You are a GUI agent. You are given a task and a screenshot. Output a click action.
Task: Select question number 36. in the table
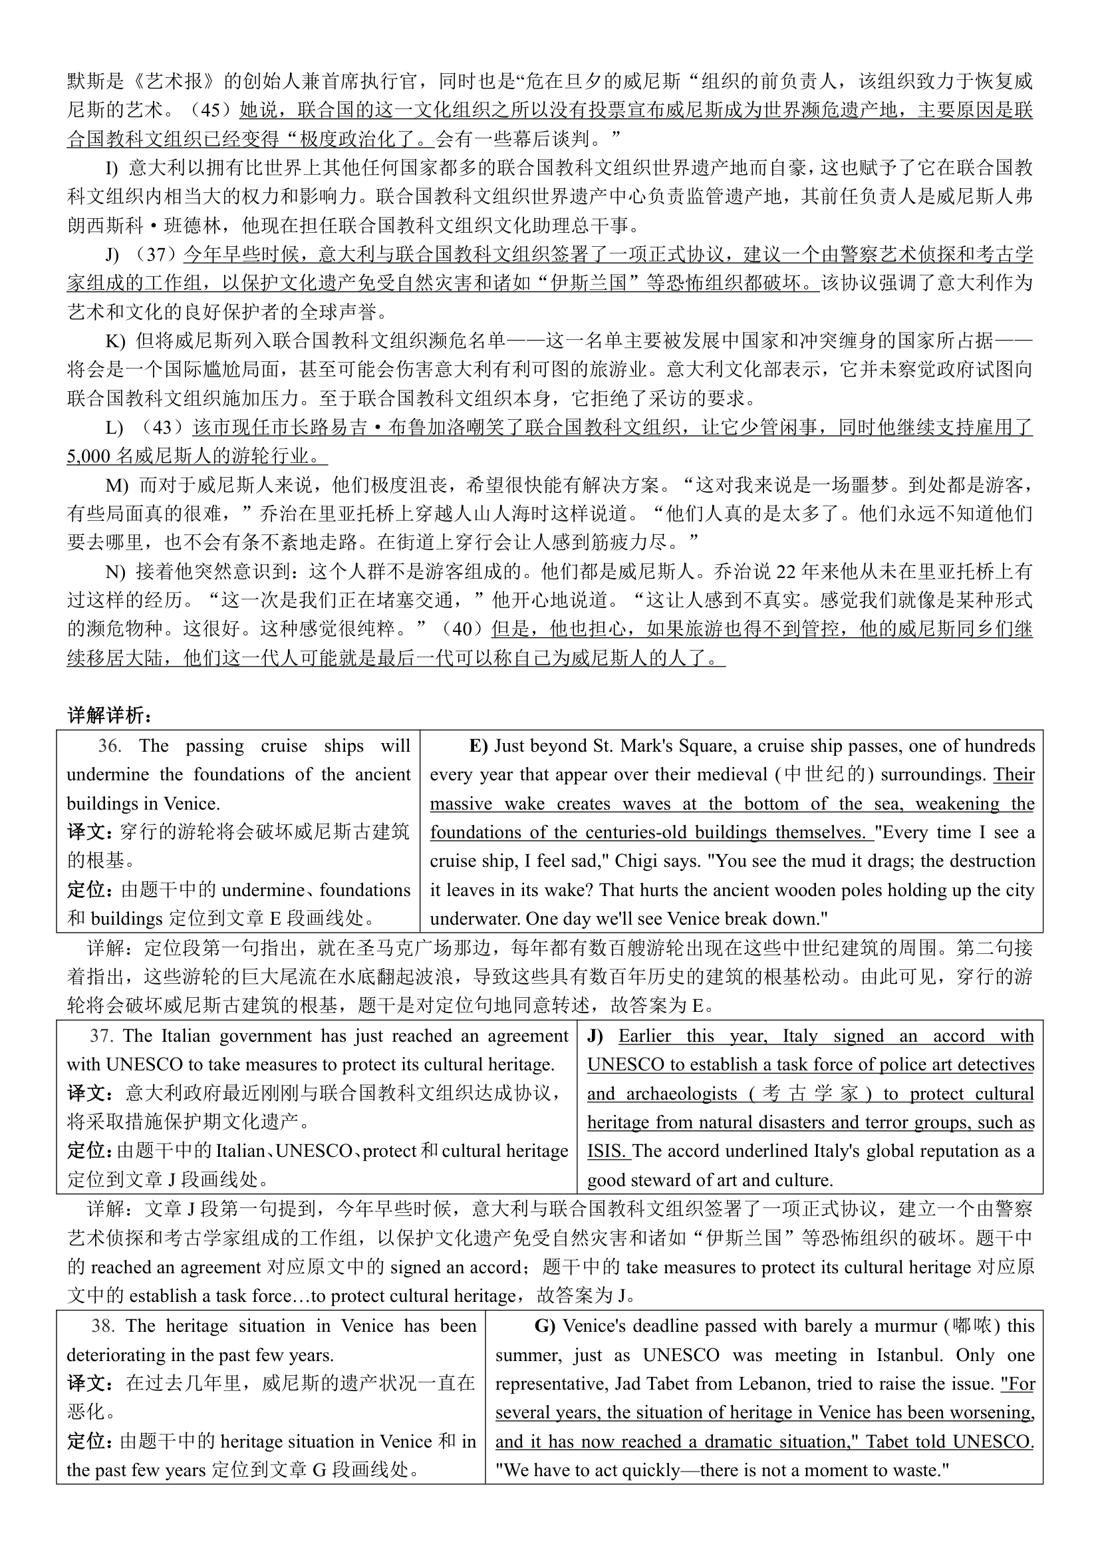(110, 746)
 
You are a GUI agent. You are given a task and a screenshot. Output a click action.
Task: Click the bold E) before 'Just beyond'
(478, 746)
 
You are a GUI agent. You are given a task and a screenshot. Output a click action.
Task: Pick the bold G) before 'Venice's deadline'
(545, 1326)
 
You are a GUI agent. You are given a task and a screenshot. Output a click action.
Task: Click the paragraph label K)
(115, 341)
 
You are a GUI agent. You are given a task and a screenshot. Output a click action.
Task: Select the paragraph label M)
(116, 485)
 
